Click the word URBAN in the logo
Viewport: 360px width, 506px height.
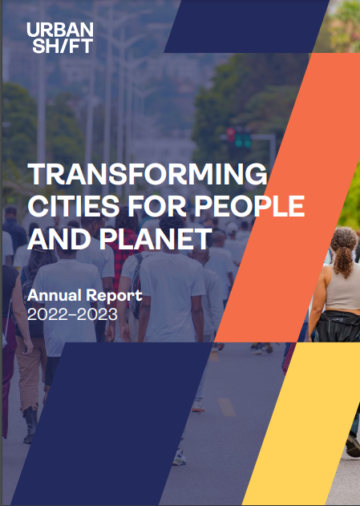tap(60, 30)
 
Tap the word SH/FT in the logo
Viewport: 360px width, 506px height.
tap(63, 46)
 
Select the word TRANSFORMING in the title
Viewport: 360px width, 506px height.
tap(148, 174)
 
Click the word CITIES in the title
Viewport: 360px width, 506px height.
tap(74, 206)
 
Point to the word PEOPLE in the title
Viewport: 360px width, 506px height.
tap(249, 206)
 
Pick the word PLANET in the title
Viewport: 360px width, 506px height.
tap(156, 238)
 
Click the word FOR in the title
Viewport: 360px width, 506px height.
tap(157, 206)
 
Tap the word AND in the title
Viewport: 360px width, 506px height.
tap(59, 238)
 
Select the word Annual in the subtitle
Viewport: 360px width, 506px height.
tap(55, 295)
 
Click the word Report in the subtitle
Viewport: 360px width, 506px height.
tap(114, 296)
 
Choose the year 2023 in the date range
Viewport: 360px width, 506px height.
tap(98, 314)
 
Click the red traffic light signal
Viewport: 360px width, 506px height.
tap(231, 134)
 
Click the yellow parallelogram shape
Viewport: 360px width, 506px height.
tap(307, 423)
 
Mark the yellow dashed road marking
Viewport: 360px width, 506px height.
tap(227, 407)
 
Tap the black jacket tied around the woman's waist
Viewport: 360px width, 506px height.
tap(338, 326)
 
